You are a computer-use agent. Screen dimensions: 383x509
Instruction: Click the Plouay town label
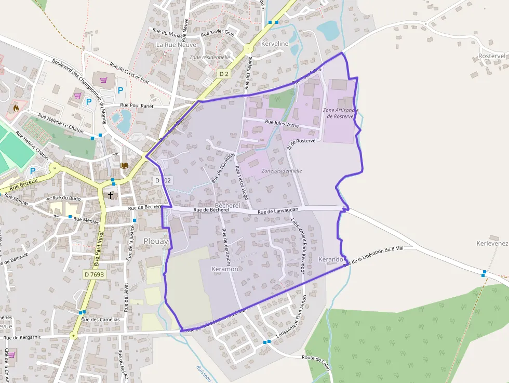tap(156, 241)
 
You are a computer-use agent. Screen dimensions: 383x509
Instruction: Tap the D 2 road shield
tap(224, 74)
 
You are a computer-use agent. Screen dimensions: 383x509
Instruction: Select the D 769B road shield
tap(94, 274)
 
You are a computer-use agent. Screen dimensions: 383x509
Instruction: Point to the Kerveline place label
tap(275, 44)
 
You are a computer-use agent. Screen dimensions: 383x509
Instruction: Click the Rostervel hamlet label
tap(491, 56)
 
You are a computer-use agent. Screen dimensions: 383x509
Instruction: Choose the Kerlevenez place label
tap(492, 243)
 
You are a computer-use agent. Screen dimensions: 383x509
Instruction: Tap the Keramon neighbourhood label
tap(225, 269)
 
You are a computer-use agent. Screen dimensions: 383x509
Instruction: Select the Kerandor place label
tap(331, 259)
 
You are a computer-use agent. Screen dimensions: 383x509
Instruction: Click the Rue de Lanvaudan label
tap(278, 210)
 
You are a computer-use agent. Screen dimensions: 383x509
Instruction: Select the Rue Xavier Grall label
tap(218, 34)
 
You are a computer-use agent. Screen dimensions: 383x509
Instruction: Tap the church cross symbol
tap(110, 195)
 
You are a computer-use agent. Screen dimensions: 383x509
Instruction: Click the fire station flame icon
tap(16, 108)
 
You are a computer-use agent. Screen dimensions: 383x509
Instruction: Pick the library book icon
tap(124, 165)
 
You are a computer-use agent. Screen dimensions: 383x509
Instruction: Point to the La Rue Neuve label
tap(177, 45)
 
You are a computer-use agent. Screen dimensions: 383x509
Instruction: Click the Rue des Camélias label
tap(101, 319)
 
